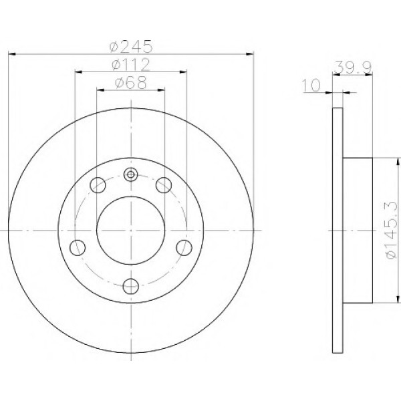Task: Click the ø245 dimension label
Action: tap(131, 47)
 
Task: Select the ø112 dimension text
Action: tap(131, 65)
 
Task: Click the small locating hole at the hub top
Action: tap(131, 176)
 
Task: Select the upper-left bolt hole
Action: tap(98, 183)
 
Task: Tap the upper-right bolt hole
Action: tap(164, 183)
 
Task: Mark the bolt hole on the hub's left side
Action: tap(78, 247)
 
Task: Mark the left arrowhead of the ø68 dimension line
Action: tap(100, 90)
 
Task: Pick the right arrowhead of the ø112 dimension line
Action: tap(184, 72)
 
